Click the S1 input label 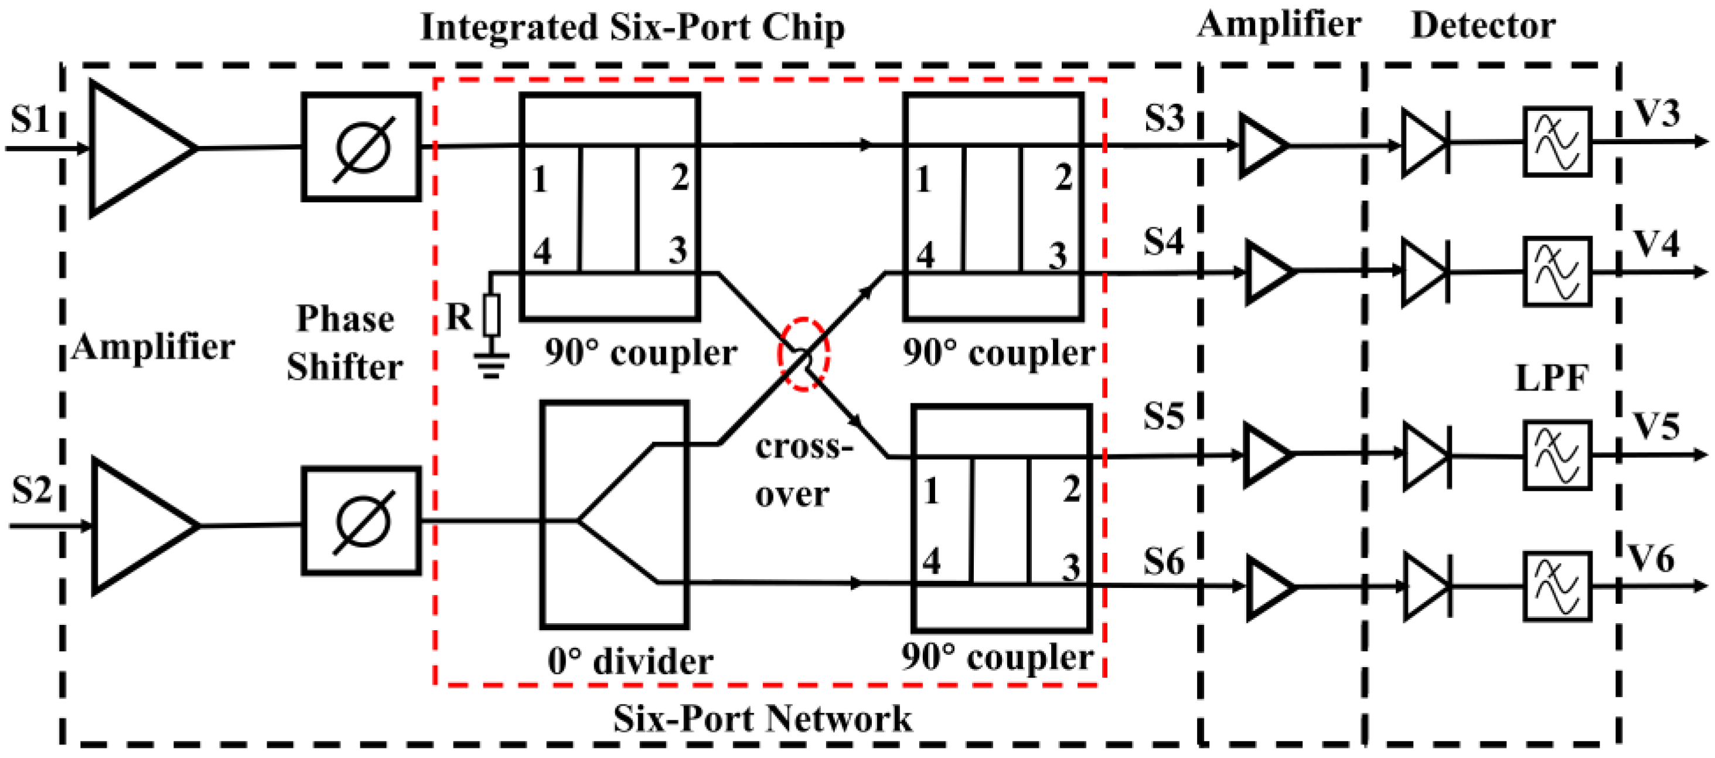point(30,120)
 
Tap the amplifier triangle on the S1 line point(137,148)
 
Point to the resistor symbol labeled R point(492,315)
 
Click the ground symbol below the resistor point(492,365)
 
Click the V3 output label point(1656,114)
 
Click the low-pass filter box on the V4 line point(1557,272)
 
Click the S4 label point(1164,241)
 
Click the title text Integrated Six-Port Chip point(632,28)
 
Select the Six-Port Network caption point(762,719)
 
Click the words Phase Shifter point(345,342)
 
